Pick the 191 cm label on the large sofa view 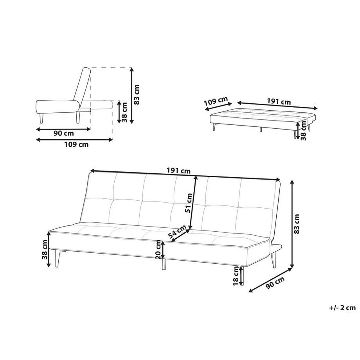click(178, 171)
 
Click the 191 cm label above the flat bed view click(279, 102)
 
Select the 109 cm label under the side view click(76, 144)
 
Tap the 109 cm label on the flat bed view click(216, 103)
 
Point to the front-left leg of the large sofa click(59, 258)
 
